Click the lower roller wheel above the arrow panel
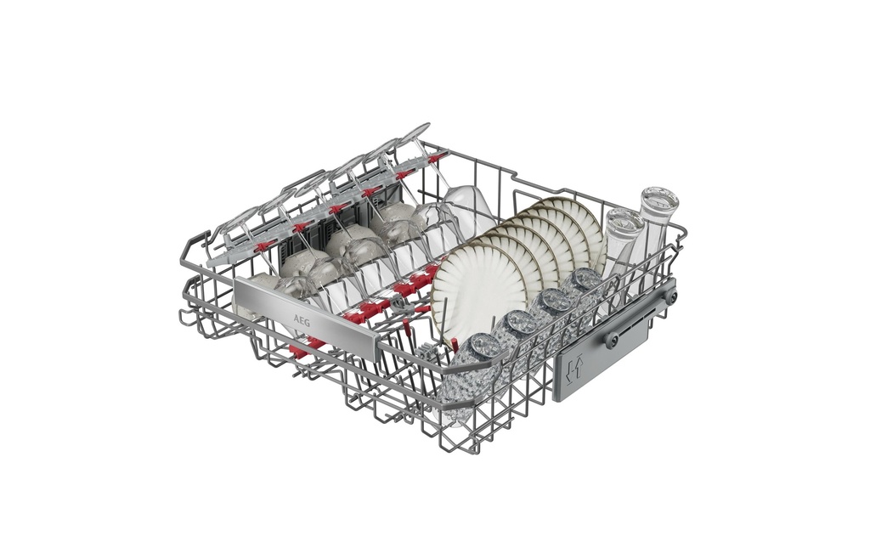611,340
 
